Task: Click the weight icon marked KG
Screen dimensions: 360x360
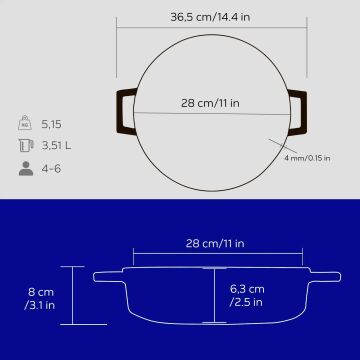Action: click(x=25, y=124)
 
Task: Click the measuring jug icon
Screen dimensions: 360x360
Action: click(x=25, y=147)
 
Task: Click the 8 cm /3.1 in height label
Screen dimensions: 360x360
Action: click(x=41, y=297)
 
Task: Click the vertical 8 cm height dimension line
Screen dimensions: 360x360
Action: click(x=71, y=296)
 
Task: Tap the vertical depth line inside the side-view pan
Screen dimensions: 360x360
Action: click(x=216, y=296)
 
